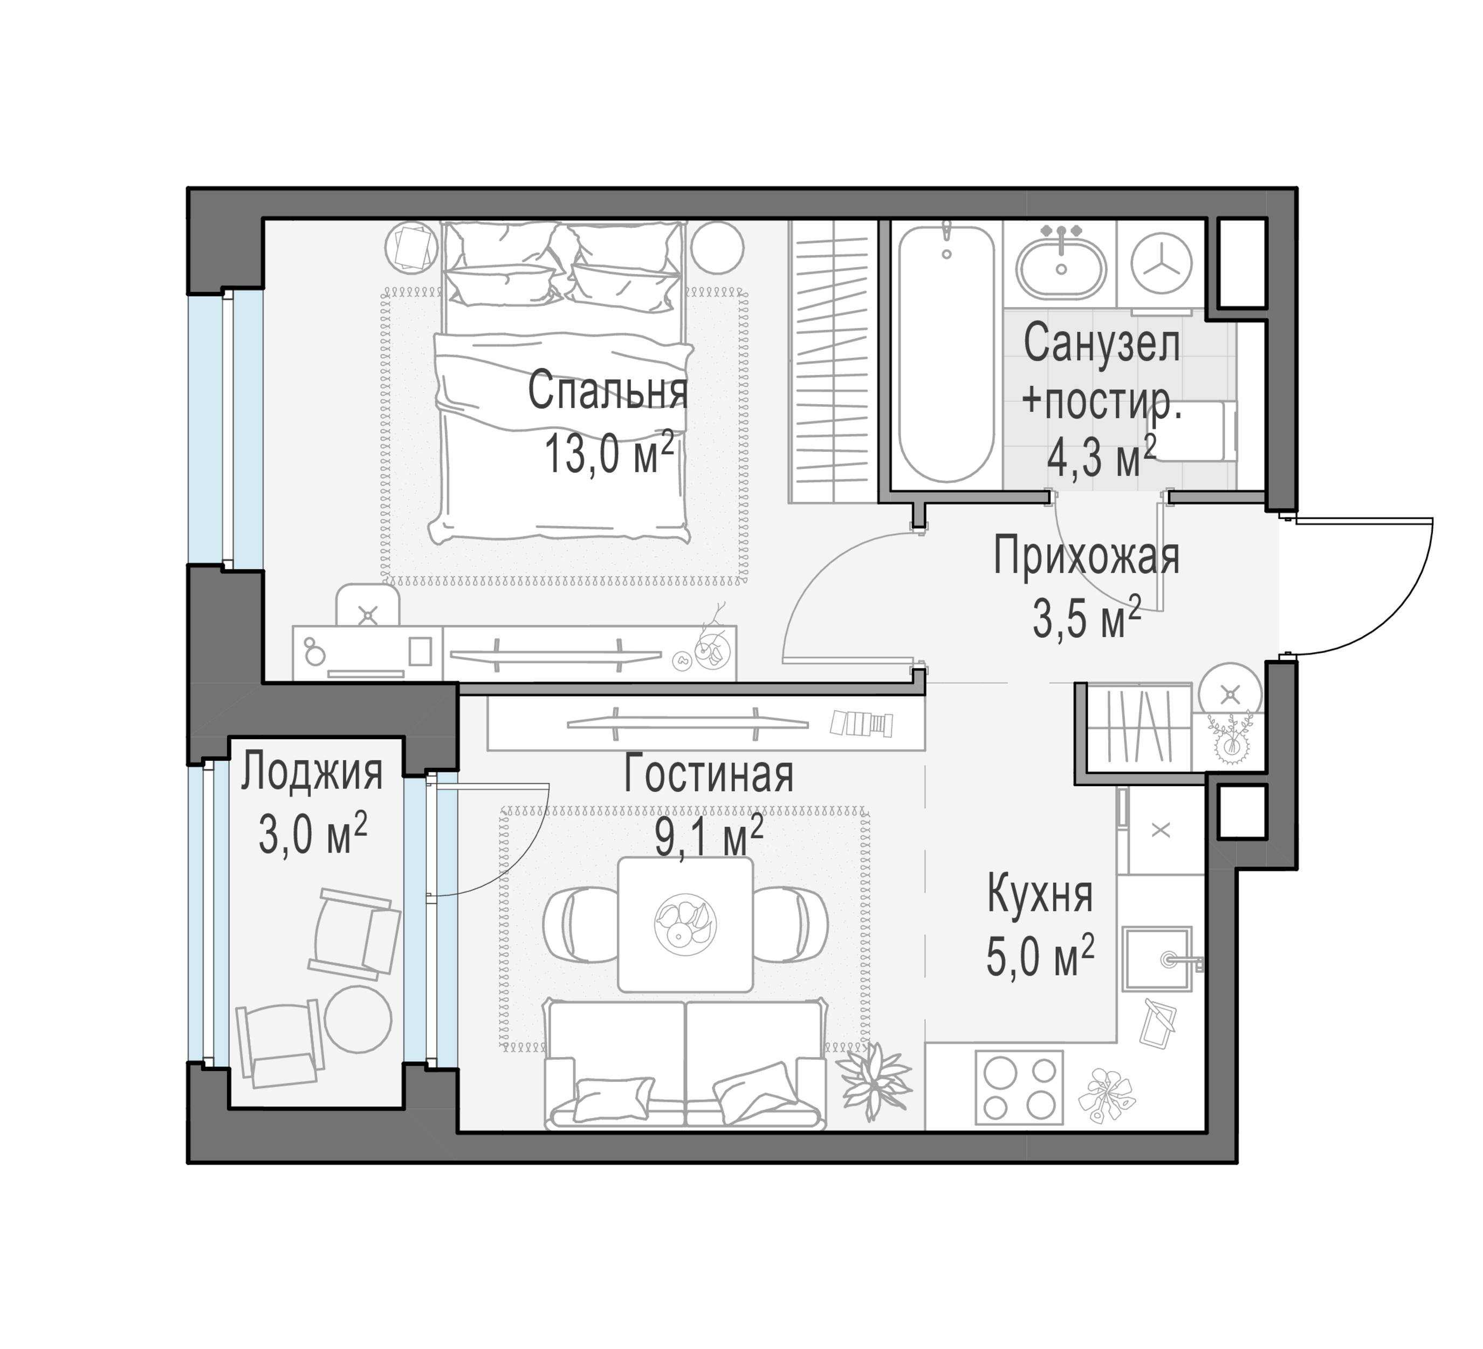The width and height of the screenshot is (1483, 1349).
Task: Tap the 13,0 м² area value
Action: [609, 453]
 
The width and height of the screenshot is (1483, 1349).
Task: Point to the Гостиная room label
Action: [709, 775]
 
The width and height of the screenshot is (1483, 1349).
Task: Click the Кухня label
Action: [1039, 894]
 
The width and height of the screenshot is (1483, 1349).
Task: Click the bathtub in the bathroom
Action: [946, 353]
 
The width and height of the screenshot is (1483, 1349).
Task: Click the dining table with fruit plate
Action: [685, 924]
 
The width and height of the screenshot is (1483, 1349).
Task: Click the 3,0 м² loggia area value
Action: [313, 835]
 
